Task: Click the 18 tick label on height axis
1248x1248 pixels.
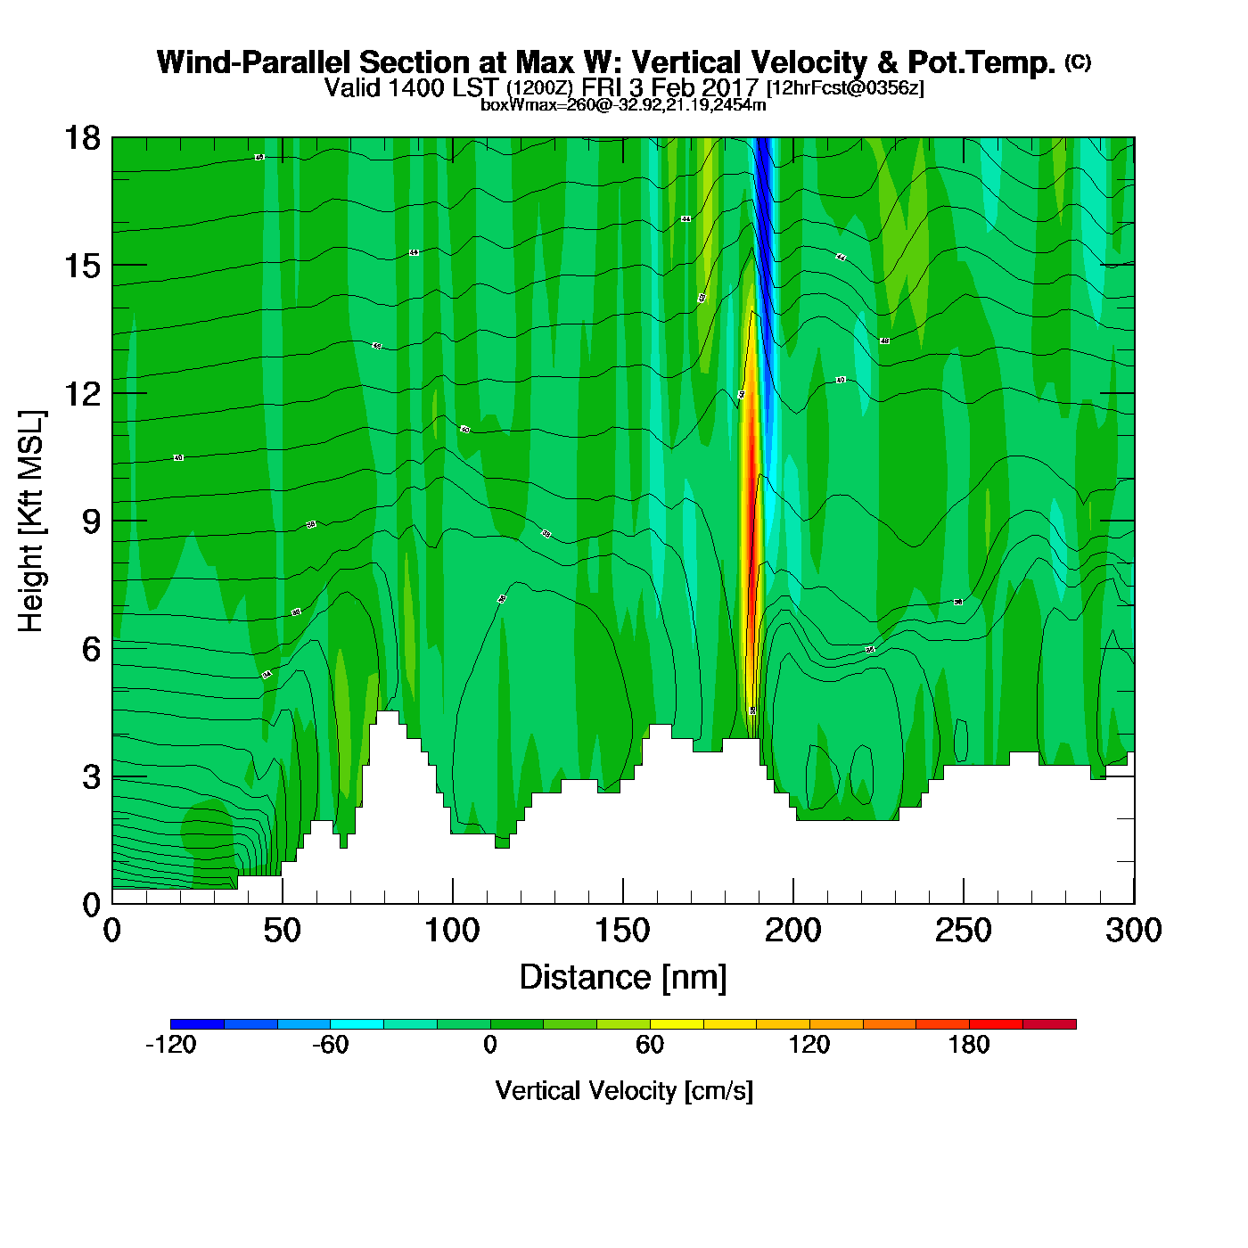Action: [81, 138]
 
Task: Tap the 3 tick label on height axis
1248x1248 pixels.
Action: [91, 777]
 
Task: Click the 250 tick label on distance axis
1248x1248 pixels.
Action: [963, 931]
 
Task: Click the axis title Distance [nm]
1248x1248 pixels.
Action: [623, 978]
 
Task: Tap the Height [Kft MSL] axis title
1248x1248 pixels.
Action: [31, 521]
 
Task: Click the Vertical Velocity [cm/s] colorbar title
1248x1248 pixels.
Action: [624, 1090]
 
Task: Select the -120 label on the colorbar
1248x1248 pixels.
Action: [170, 1045]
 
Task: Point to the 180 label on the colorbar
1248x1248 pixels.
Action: [969, 1045]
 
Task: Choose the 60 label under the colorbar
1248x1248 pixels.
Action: [650, 1045]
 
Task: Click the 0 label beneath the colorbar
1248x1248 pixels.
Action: [490, 1045]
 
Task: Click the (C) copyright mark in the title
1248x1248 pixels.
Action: [1077, 62]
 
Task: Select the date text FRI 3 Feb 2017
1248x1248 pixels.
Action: [669, 87]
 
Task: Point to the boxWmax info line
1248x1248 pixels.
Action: [623, 104]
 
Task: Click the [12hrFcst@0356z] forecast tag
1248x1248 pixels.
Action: [845, 87]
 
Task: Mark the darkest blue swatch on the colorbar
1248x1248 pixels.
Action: [197, 1024]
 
